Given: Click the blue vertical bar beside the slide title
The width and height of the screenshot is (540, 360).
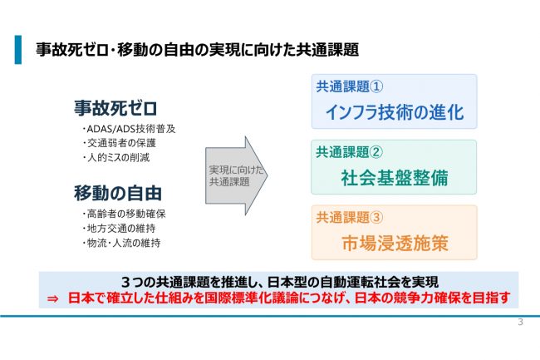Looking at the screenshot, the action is click(x=18, y=50).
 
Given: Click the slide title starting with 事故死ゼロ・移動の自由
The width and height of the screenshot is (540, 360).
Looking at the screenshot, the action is click(x=198, y=50).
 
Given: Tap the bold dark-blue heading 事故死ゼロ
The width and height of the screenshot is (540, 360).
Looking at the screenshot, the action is click(x=115, y=108).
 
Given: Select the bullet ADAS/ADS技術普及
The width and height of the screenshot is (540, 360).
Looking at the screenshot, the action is click(x=129, y=129).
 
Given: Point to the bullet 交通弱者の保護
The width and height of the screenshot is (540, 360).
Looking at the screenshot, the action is click(x=119, y=143).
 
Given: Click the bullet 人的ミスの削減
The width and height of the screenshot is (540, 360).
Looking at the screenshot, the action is click(x=116, y=157).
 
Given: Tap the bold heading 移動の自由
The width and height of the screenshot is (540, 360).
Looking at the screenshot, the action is click(x=118, y=193).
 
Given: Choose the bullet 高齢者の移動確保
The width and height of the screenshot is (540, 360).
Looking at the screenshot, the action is click(x=124, y=214).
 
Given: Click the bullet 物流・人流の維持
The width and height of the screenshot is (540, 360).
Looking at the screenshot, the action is click(x=121, y=243).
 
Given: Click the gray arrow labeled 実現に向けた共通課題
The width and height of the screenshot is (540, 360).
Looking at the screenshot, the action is click(x=236, y=175).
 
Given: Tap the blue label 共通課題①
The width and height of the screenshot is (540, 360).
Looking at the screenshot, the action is click(x=350, y=86).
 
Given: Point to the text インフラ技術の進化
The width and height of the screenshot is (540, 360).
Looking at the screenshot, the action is click(x=395, y=112).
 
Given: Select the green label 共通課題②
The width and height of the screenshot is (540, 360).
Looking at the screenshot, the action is click(x=350, y=152).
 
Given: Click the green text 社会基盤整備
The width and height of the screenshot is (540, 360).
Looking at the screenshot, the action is click(x=395, y=178).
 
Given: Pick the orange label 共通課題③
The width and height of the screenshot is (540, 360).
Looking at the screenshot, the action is click(x=350, y=217).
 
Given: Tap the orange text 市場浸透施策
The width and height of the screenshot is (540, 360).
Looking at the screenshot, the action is click(x=395, y=244).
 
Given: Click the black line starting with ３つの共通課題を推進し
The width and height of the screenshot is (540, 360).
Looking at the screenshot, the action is click(x=280, y=282).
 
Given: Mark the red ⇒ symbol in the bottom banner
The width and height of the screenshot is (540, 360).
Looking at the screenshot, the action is click(x=52, y=298).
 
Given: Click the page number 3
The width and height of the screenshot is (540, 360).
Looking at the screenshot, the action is click(x=520, y=323).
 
